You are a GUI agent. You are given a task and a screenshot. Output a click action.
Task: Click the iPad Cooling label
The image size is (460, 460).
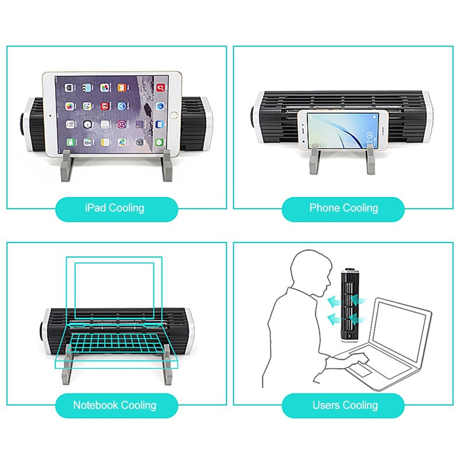coord(115,208)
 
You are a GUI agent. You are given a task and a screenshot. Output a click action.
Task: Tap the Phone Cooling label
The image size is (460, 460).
coord(344,208)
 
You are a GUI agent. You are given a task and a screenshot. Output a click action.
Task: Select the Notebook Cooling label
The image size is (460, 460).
coord(115,405)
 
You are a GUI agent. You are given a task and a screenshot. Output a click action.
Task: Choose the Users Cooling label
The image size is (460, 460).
coord(345,405)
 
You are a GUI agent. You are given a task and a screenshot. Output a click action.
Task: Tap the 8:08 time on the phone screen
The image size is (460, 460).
coord(370,138)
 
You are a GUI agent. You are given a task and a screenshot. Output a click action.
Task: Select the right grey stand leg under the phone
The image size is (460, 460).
coord(371,160)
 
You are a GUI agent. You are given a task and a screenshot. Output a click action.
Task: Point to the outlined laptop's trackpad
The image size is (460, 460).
coord(361,370)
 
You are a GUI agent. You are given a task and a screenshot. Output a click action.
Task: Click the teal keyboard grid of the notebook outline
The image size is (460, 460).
coord(116,343)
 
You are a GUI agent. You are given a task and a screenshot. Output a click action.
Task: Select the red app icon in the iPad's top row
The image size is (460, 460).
coord(161,87)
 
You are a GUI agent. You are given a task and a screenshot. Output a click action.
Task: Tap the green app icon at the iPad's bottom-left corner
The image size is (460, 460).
coord(71,142)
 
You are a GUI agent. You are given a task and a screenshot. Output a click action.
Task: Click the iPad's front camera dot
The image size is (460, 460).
coord(50,115)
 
